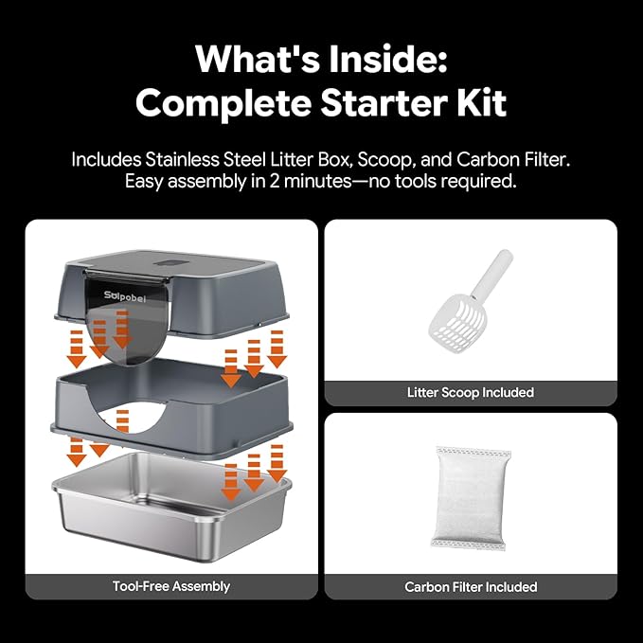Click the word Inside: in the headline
click(x=388, y=59)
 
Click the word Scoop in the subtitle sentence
click(x=384, y=160)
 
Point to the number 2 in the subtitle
click(x=275, y=181)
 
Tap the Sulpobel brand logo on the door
click(x=125, y=295)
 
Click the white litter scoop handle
click(x=492, y=273)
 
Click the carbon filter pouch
click(x=471, y=498)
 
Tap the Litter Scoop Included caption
click(x=471, y=392)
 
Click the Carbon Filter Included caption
click(x=471, y=587)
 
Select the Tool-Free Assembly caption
click(x=171, y=586)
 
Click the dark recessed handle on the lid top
click(x=173, y=263)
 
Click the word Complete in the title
click(x=223, y=103)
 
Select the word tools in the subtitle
click(x=413, y=181)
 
